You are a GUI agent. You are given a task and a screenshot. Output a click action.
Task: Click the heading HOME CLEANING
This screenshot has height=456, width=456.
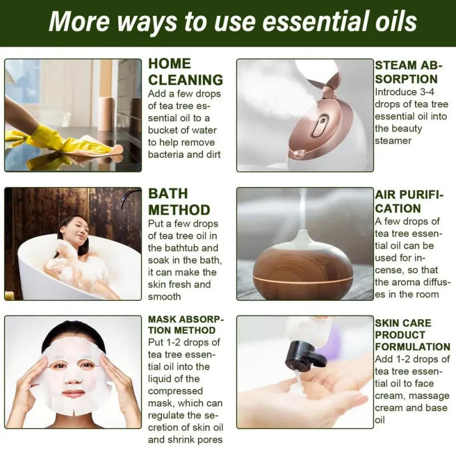[x=185, y=72]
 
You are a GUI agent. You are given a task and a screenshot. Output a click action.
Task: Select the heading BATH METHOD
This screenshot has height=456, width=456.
[x=179, y=201]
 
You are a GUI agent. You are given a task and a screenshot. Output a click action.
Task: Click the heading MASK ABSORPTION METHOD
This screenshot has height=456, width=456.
[x=186, y=324]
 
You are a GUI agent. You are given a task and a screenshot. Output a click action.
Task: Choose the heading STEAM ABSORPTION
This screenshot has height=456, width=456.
[x=406, y=72]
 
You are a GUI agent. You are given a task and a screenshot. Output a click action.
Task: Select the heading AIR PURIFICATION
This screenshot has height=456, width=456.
[x=409, y=201]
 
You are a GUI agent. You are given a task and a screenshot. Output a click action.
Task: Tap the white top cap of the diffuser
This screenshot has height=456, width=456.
[x=303, y=239]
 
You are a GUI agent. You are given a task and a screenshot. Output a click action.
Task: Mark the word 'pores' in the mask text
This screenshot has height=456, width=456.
[x=208, y=439]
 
